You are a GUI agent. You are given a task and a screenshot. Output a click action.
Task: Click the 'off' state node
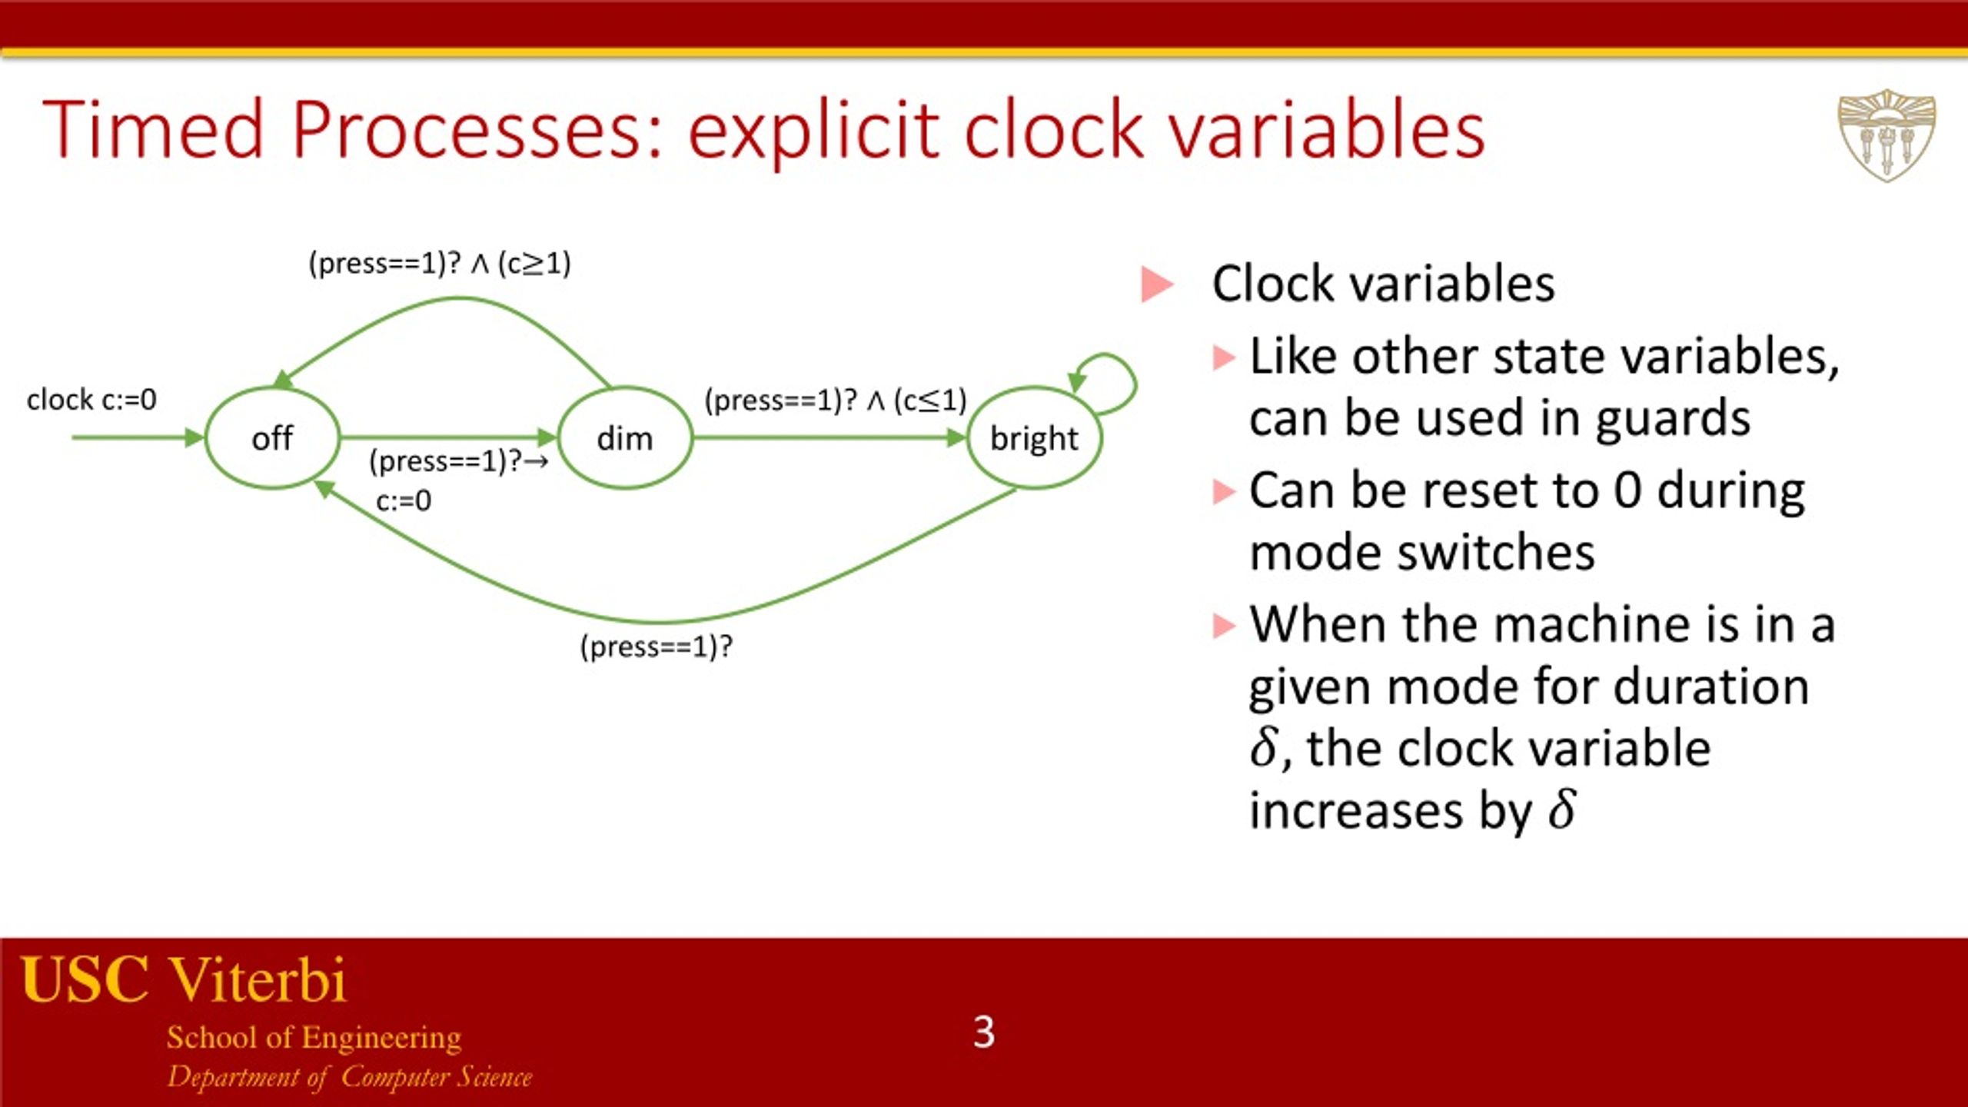[x=272, y=438]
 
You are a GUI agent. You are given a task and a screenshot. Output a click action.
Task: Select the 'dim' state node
[x=624, y=438]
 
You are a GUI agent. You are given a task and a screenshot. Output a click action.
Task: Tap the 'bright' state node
[x=1033, y=438]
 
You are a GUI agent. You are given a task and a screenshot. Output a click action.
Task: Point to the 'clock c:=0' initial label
[x=91, y=400]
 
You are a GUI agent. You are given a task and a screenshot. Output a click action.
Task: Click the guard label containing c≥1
[x=440, y=264]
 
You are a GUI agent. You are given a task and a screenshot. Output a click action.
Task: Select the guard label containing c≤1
[x=835, y=401]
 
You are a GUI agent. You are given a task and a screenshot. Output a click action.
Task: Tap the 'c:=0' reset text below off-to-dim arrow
[x=404, y=501]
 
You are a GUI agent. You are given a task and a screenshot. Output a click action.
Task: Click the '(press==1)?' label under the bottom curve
[x=656, y=647]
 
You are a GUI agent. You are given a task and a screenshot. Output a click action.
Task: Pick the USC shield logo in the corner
[x=1886, y=135]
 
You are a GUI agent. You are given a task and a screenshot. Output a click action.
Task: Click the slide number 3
[x=983, y=1032]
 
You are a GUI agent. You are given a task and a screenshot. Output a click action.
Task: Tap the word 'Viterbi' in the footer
[x=258, y=980]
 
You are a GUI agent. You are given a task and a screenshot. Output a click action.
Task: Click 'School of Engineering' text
[x=314, y=1038]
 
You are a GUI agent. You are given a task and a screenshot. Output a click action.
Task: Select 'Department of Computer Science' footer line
[x=350, y=1077]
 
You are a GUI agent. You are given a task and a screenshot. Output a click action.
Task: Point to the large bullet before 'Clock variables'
[x=1156, y=284]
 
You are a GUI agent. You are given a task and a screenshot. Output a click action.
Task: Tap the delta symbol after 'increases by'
[x=1561, y=810]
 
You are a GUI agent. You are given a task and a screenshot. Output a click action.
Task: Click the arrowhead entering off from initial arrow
[x=194, y=437]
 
